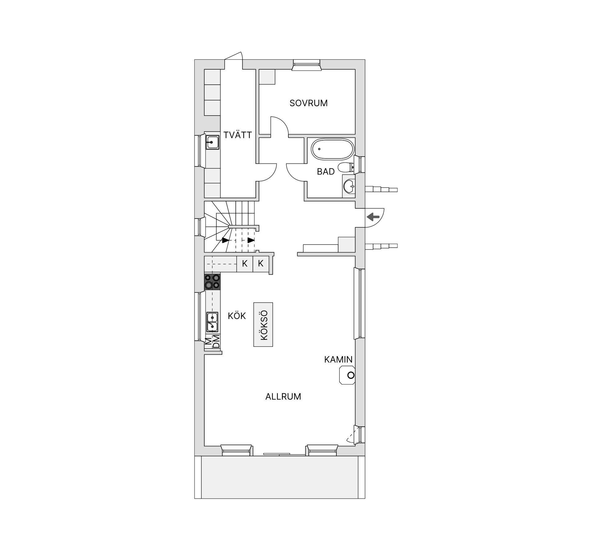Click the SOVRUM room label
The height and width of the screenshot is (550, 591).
coord(308,103)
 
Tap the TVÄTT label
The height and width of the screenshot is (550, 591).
coord(238,135)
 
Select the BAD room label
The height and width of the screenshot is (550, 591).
coord(326,172)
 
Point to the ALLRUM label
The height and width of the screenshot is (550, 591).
coord(283,396)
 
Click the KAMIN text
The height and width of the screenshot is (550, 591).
coord(338,359)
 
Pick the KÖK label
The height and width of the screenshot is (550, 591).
coord(237,316)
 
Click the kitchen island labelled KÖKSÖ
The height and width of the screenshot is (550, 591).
coord(263,324)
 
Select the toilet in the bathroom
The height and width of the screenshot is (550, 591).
coord(346,168)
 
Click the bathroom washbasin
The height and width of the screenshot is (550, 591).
coord(349,186)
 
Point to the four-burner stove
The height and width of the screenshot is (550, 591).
coord(212,282)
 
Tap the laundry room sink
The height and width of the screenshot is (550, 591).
coord(212,143)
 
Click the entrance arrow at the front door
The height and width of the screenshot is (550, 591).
coord(373,217)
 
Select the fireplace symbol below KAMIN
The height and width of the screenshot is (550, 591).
coord(347,375)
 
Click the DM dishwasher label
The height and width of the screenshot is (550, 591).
coord(217,342)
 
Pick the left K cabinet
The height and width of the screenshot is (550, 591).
coord(245,263)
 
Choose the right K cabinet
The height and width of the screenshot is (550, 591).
coord(261,263)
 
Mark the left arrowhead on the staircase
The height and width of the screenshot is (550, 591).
coord(226,240)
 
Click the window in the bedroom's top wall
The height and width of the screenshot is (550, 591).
coord(306,65)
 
